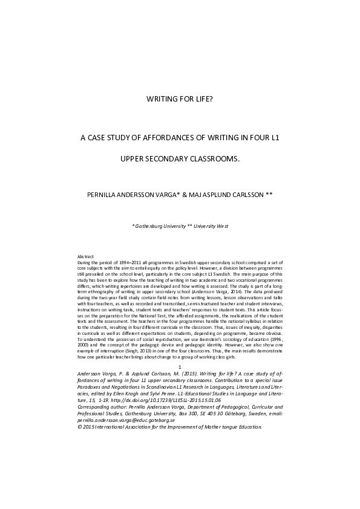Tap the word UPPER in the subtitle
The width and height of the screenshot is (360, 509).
click(x=134, y=160)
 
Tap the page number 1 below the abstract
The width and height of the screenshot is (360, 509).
click(x=180, y=368)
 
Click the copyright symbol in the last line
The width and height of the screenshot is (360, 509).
click(x=80, y=426)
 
